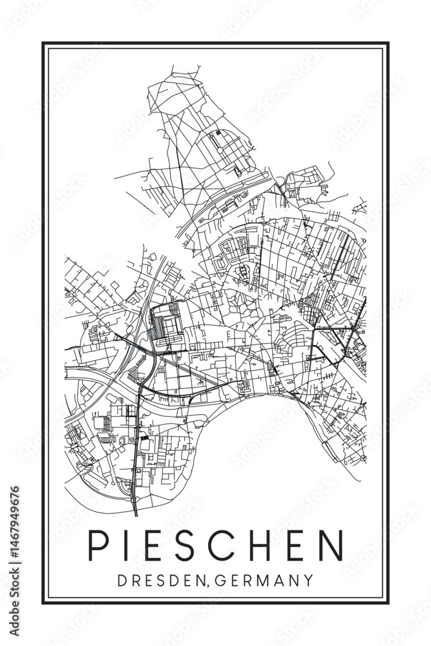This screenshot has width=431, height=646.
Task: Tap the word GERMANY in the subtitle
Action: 262,579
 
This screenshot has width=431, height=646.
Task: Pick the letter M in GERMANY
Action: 262,579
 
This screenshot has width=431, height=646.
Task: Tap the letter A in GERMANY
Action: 279,579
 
